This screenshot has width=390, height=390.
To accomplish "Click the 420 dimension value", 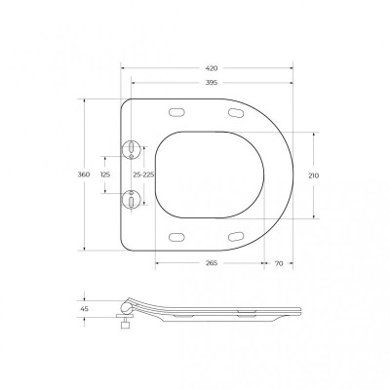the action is [212, 68].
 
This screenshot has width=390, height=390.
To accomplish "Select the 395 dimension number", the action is [212, 83].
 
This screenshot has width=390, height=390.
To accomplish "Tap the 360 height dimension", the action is [84, 175].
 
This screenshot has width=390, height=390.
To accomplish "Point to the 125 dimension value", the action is [105, 175].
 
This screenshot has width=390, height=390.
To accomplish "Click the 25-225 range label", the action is [143, 175].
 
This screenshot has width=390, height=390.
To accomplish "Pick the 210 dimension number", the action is [314, 175].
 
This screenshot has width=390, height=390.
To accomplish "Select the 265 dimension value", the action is [212, 263].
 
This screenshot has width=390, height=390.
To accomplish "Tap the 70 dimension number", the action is [279, 263].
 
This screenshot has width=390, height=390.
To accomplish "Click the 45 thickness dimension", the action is [84, 309].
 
